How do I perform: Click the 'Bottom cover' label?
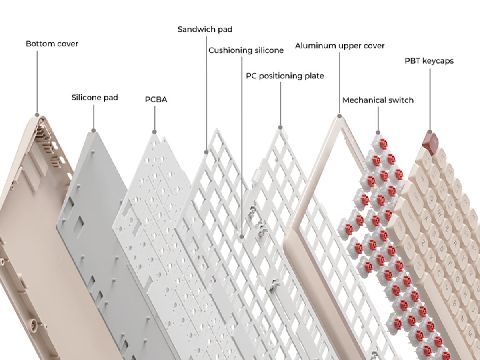(52, 44)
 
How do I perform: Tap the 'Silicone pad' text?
(95, 97)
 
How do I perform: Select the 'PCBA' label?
(156, 100)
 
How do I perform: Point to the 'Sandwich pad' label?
(205, 29)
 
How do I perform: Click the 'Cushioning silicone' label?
(246, 50)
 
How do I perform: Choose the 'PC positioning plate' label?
(285, 76)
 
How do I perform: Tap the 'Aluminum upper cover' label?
(340, 46)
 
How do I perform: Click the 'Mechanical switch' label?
(378, 100)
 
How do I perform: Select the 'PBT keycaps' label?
(429, 61)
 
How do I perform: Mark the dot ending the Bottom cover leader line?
(37, 113)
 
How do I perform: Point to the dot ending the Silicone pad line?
(94, 130)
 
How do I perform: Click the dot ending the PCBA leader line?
(154, 131)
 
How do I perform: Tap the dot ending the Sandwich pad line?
(206, 152)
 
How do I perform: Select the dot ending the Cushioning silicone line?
(242, 237)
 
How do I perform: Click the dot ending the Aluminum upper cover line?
(339, 116)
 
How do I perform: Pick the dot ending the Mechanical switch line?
(378, 132)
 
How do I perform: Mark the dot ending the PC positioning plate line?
(280, 128)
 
